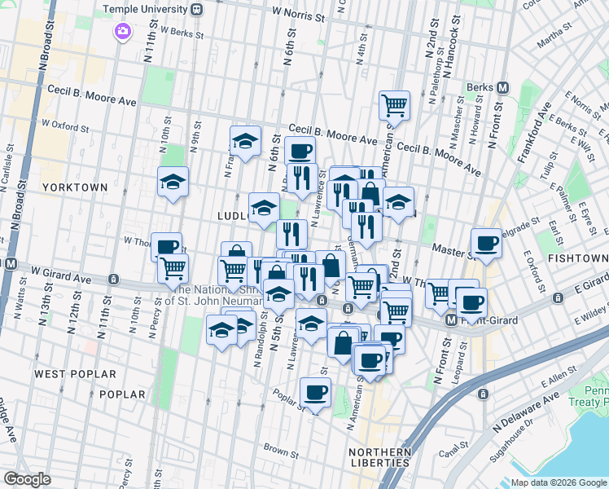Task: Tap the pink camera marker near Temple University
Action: [122, 32]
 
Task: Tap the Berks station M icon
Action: [503, 87]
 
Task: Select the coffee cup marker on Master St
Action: [487, 243]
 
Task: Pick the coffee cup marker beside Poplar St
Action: [315, 393]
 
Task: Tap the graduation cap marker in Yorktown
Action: [173, 182]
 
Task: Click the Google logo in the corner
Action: [27, 479]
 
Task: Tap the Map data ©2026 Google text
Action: [559, 482]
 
